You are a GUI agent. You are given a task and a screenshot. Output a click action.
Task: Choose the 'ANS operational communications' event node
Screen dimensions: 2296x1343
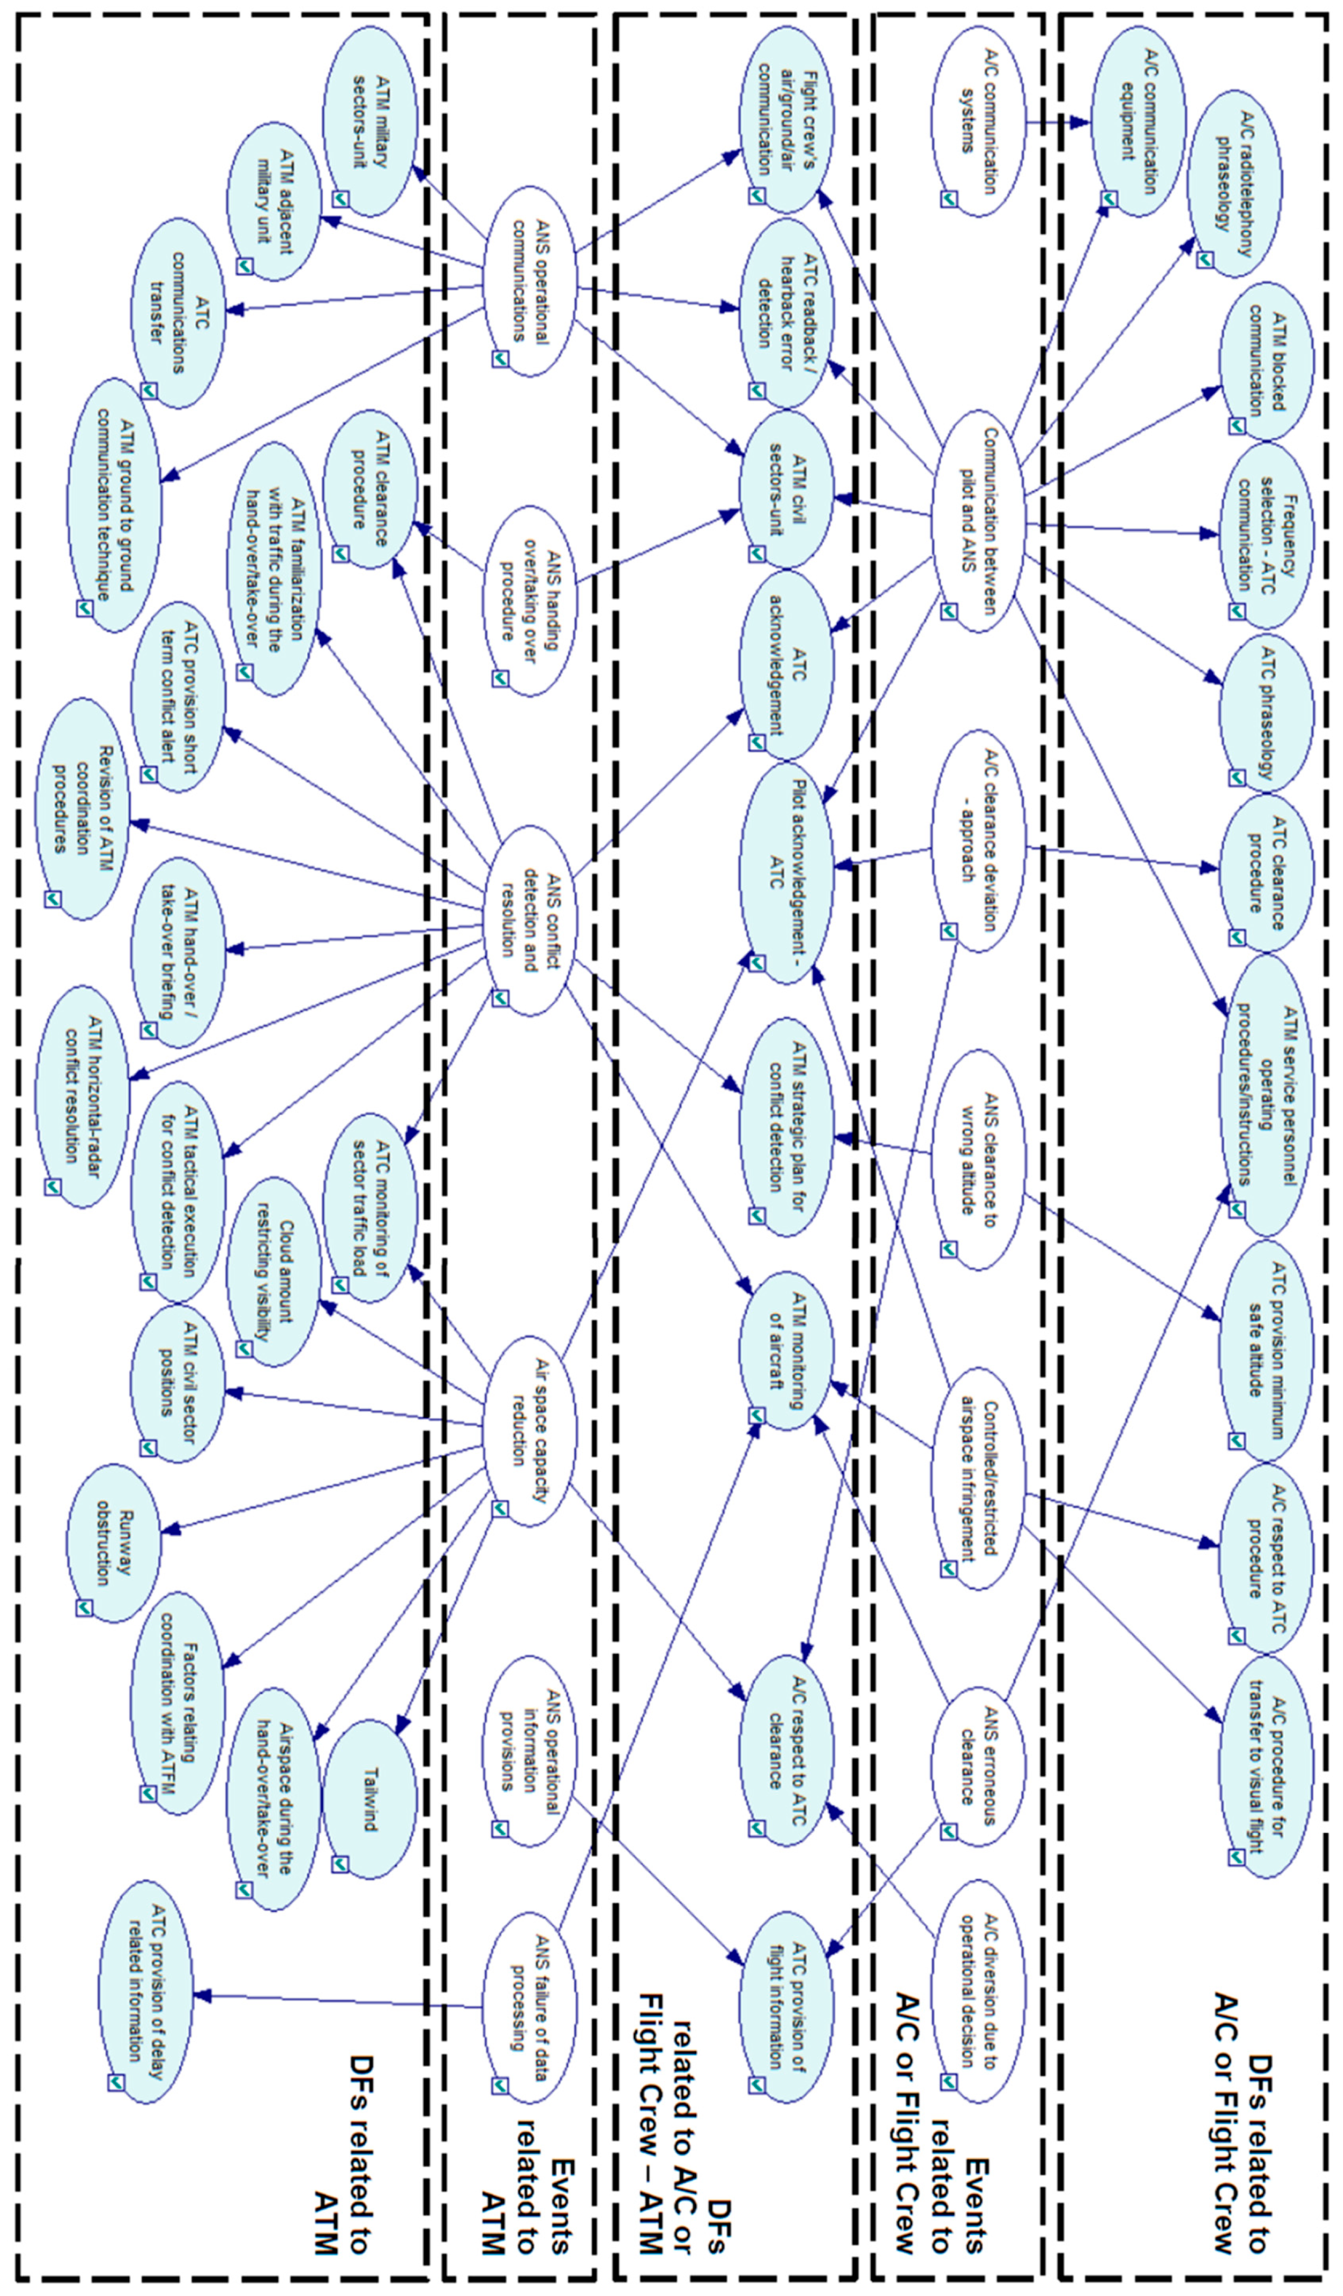point(529,281)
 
